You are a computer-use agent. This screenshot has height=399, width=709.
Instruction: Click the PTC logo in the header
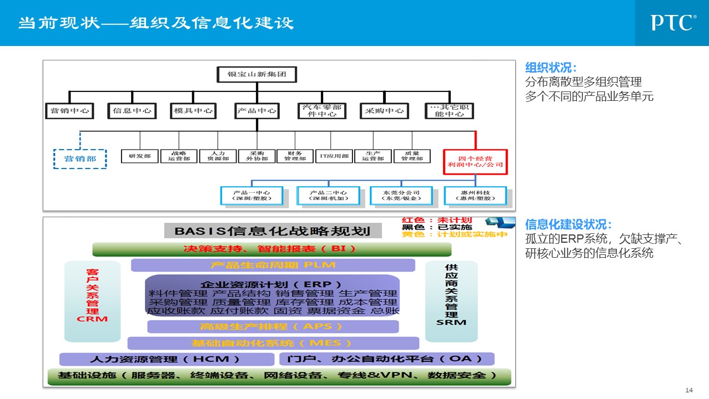(x=673, y=23)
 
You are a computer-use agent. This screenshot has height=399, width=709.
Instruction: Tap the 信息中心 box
(x=132, y=111)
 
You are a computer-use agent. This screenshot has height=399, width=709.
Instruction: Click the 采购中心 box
(x=384, y=111)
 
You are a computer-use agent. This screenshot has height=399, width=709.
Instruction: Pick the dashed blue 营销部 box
(x=80, y=158)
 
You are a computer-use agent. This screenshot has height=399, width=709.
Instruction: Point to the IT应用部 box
(x=334, y=156)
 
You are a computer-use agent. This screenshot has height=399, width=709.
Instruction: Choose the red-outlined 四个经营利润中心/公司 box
(x=475, y=161)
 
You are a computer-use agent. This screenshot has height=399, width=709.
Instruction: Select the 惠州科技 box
(x=475, y=196)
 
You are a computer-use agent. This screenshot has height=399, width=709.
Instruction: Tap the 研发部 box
(x=140, y=156)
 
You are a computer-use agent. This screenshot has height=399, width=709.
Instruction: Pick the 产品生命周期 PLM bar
(x=273, y=265)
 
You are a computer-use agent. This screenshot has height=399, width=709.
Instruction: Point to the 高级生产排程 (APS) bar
(x=273, y=326)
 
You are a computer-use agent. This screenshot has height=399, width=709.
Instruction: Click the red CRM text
(x=92, y=319)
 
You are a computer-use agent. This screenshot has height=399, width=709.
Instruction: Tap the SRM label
(x=451, y=322)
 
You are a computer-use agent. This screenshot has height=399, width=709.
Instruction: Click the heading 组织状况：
(x=551, y=68)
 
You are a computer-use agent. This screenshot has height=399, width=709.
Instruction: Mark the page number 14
(x=690, y=390)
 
